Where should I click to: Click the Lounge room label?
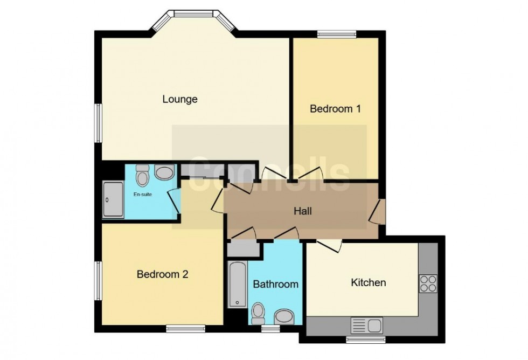(x=180, y=99)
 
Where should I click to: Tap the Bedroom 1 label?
(x=335, y=109)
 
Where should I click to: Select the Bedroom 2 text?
(x=162, y=274)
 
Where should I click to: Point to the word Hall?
(x=303, y=212)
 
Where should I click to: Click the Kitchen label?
(x=369, y=282)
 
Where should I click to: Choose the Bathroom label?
(x=276, y=284)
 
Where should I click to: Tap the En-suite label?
(x=142, y=195)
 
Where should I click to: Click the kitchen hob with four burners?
(x=428, y=283)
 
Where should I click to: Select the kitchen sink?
(x=366, y=326)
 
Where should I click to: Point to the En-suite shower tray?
(x=113, y=199)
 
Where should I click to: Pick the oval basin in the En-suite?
(x=164, y=172)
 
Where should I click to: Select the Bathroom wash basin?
(x=283, y=316)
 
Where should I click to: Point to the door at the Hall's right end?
(x=378, y=211)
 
